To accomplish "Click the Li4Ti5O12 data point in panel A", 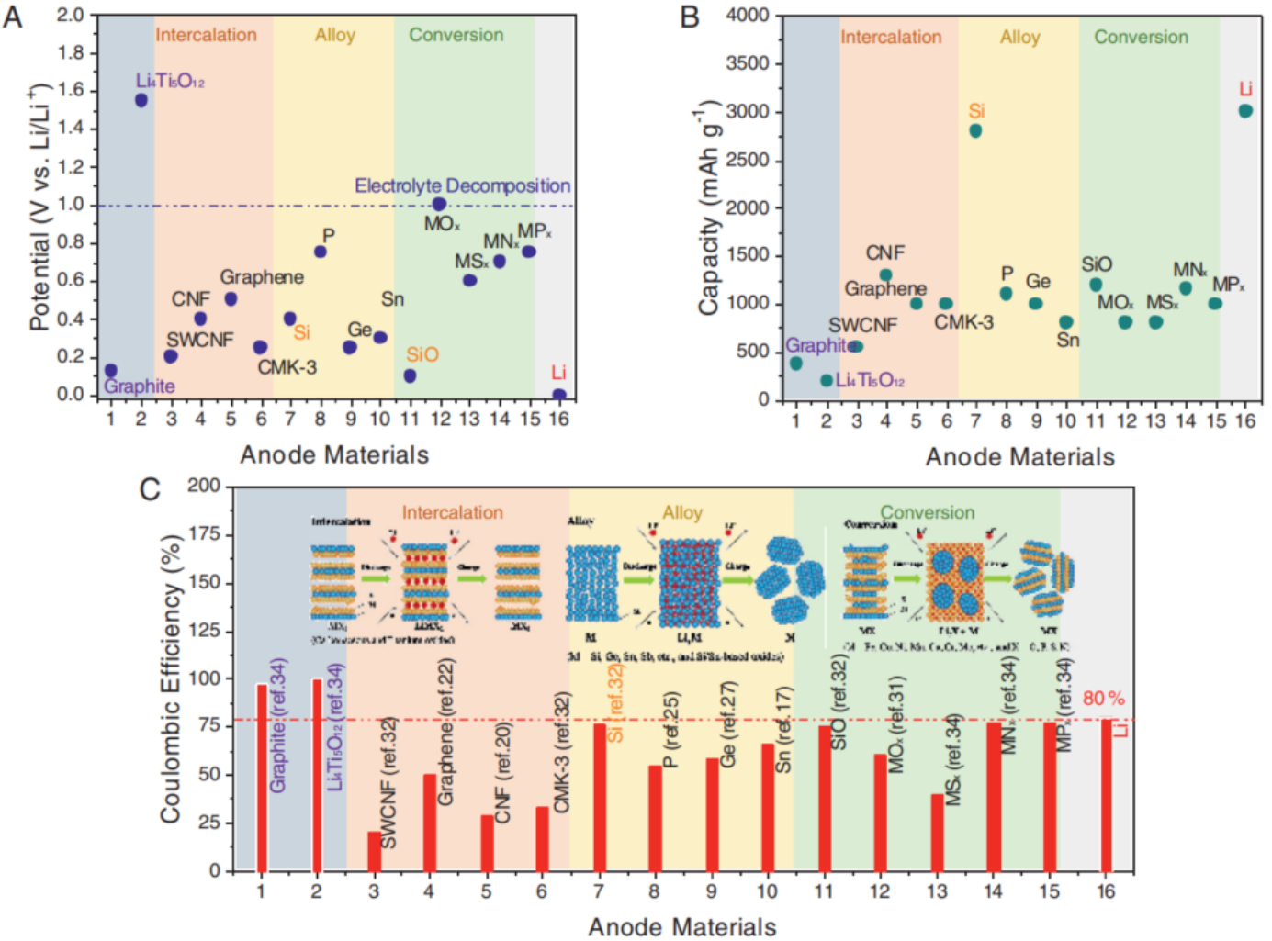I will [141, 100].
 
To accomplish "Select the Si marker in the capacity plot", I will [975, 131].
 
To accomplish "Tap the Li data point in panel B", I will [1245, 111].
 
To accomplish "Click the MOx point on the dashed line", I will [439, 204].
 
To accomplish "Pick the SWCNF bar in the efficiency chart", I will [374, 851].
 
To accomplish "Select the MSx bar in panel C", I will [937, 832].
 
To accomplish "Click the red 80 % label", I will [1103, 699].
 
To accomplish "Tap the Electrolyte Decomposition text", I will [462, 186].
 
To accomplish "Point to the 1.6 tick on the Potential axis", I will [71, 90].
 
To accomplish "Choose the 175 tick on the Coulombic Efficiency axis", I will [204, 534].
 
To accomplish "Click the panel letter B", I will [690, 17].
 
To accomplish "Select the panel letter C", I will [150, 488].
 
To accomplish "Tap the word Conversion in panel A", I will [456, 35].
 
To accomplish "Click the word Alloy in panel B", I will [1019, 38].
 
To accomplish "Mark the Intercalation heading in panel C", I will [452, 512].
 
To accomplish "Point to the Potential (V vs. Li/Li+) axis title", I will [39, 207].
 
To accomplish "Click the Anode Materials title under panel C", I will [681, 927].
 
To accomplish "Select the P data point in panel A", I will [321, 252].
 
